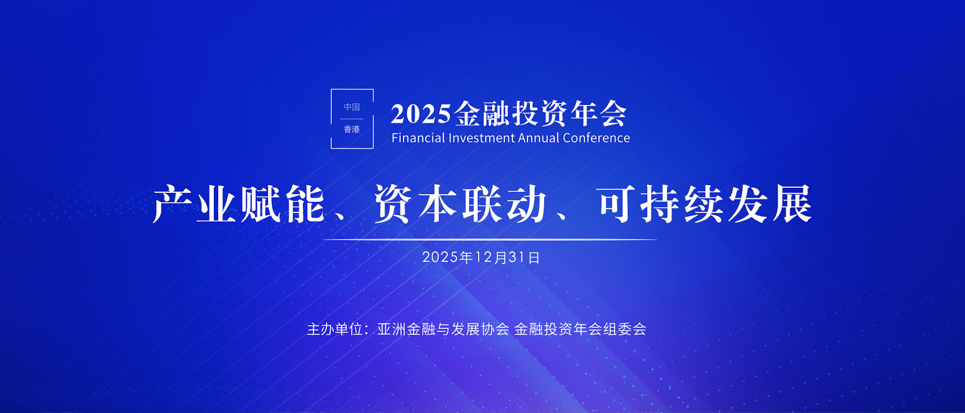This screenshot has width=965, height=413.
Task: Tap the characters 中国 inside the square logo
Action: click(352, 107)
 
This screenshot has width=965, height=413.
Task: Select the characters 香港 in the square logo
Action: click(352, 129)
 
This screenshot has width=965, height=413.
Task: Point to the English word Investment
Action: click(482, 138)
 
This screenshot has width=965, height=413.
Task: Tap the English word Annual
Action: click(539, 138)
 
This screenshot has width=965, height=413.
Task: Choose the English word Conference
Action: click(596, 138)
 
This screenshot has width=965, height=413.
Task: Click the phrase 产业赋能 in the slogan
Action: click(238, 204)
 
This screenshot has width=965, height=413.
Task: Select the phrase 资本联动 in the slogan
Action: click(460, 204)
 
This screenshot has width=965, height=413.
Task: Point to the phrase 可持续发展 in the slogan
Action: click(705, 204)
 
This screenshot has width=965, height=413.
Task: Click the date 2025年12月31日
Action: click(481, 257)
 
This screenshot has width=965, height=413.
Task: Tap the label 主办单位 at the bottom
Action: click(334, 329)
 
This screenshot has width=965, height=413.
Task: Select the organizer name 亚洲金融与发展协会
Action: click(443, 329)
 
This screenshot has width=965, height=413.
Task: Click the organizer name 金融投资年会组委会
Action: click(580, 329)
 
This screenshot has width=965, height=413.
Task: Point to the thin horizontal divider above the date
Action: click(490, 239)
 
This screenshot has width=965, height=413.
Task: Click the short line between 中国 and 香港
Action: click(352, 119)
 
